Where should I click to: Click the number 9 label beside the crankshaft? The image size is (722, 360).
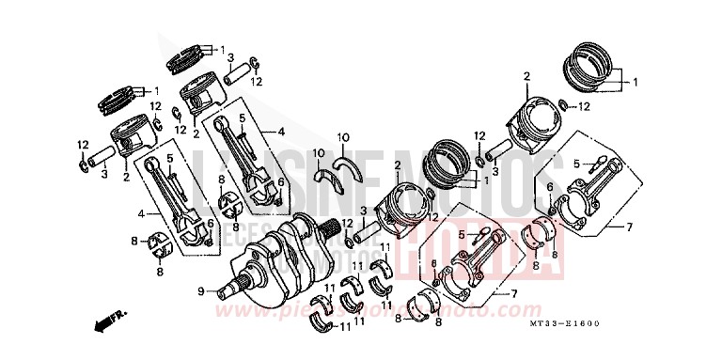click(x=200, y=292)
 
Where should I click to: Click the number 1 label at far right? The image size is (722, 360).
click(x=636, y=82)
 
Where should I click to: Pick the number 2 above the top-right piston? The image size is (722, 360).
click(x=527, y=76)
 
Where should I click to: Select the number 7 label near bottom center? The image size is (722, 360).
click(x=513, y=294)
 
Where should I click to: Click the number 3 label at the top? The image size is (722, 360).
click(x=230, y=57)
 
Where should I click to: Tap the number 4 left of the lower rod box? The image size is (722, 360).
click(x=141, y=213)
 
